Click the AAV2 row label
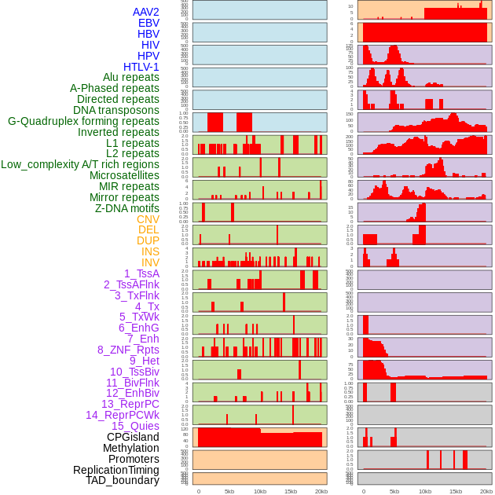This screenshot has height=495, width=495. (x=146, y=12)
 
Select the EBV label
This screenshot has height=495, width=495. (x=148, y=23)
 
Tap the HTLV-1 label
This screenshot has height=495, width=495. (x=141, y=67)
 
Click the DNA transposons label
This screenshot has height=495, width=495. (x=116, y=110)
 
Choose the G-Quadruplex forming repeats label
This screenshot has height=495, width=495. (x=83, y=121)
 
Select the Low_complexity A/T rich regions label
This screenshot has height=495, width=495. (x=80, y=164)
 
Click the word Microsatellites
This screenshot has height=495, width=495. (x=124, y=175)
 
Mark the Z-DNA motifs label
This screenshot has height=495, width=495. (x=127, y=208)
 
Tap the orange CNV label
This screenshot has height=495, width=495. (x=148, y=219)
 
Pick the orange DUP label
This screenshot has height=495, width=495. (x=148, y=240)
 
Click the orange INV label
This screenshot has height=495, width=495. (x=150, y=262)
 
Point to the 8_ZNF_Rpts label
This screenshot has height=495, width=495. (x=128, y=350)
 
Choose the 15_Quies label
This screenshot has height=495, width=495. (x=134, y=426)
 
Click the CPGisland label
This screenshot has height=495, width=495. (x=133, y=437)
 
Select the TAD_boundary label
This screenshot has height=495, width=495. (x=123, y=480)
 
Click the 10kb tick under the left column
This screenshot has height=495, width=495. (x=260, y=491)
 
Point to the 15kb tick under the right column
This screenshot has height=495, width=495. (x=456, y=491)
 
